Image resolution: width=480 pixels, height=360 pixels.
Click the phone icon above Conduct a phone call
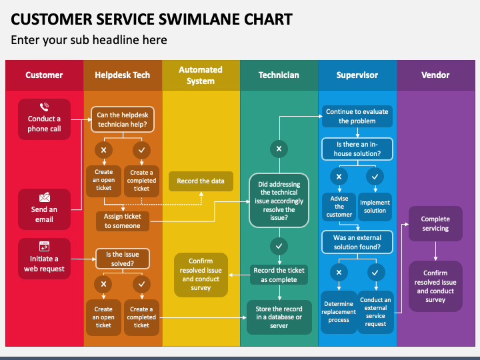coord(45,107)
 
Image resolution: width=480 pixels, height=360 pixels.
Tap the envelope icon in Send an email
coord(45,197)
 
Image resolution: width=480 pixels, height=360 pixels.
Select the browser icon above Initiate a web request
coord(45,247)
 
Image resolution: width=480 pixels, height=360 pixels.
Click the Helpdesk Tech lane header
coord(123,75)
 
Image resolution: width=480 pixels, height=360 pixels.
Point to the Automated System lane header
coord(201,75)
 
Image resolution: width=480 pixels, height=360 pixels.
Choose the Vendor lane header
coord(436,75)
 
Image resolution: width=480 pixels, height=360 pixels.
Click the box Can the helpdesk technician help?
coord(123,119)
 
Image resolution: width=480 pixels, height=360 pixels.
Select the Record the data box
coord(201,181)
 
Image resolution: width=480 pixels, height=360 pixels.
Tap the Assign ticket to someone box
coord(123,221)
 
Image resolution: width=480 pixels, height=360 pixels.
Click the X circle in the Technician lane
coord(279,149)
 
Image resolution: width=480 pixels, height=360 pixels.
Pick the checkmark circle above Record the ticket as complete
coord(279,246)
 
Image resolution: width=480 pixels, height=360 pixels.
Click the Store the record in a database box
coord(279,317)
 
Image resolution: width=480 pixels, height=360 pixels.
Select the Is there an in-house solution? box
coord(357,149)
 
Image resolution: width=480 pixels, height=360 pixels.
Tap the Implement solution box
coord(375,207)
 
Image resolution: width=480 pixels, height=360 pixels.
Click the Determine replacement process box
coord(339,312)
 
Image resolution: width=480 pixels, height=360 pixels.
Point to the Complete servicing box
coord(435,223)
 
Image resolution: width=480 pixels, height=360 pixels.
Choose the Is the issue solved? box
coord(123,259)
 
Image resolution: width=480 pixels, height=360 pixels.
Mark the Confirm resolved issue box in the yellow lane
coord(201,275)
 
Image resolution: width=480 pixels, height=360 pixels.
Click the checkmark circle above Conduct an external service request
coord(375,273)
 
